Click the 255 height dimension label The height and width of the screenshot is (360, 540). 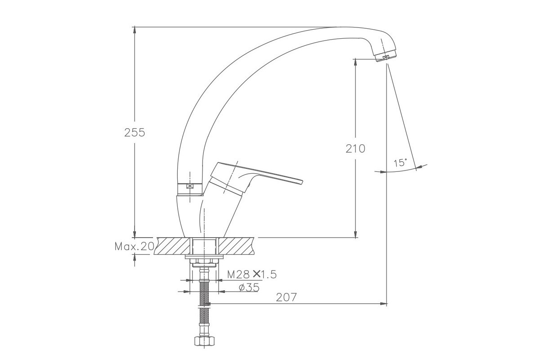(x=135, y=133)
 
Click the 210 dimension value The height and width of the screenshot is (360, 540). (x=355, y=149)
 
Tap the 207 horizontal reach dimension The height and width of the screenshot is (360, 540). (x=286, y=297)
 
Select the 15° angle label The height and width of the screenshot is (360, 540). (x=400, y=163)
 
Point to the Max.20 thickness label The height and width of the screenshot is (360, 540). (x=134, y=247)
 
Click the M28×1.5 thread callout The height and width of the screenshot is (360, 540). (x=252, y=274)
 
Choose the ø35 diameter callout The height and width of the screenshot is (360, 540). (x=249, y=288)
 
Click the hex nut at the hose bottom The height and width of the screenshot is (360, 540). (x=205, y=341)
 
